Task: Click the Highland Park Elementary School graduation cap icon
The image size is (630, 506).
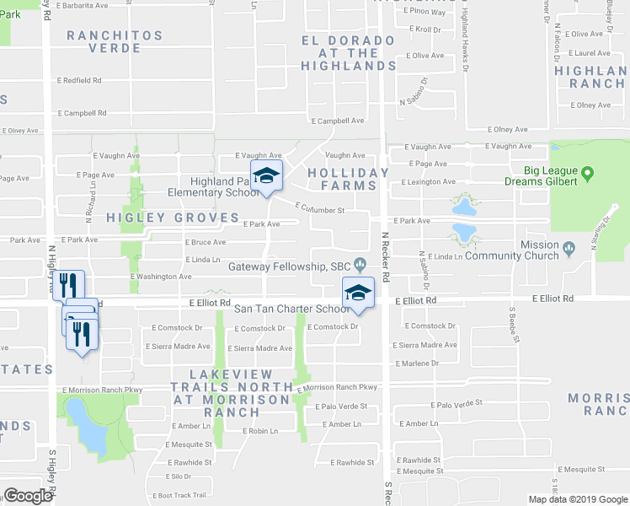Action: pos(267,175)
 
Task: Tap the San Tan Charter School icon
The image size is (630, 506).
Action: pos(358,293)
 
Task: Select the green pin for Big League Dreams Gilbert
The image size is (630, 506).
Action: pos(588,174)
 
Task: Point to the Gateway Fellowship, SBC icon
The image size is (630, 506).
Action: pos(360,266)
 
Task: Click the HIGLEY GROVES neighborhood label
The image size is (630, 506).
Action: pos(173,218)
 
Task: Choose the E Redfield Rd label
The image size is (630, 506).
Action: pos(80,80)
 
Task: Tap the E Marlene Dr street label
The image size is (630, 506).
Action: pos(416,363)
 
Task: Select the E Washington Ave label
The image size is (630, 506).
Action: pos(161,277)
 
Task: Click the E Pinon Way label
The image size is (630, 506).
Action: pos(424,13)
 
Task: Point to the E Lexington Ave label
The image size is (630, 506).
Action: pos(428,181)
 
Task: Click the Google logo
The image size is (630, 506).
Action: pos(28,496)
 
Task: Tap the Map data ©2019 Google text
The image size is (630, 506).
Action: pos(579,499)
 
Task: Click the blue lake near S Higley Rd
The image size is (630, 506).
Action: pos(86,425)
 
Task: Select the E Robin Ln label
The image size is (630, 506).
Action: pos(260,431)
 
